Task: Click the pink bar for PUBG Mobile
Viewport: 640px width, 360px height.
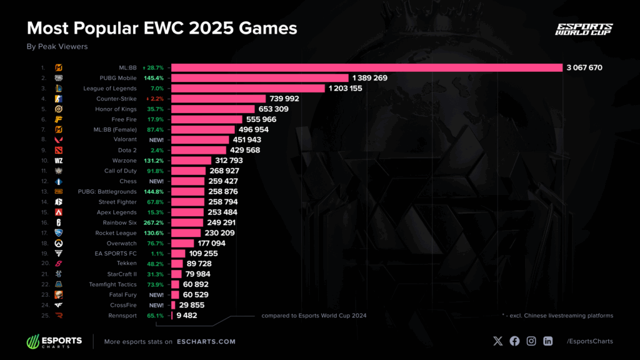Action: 259,78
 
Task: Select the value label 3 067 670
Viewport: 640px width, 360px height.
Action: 584,67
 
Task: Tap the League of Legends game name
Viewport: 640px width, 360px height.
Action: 109,88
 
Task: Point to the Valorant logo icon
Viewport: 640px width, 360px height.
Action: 58,140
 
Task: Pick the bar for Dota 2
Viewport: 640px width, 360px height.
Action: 198,150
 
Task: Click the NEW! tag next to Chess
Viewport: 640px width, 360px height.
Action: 156,181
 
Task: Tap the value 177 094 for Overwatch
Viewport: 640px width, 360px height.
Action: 217,243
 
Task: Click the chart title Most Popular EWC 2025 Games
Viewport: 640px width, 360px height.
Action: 161,28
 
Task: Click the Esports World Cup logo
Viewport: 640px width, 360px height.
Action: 584,29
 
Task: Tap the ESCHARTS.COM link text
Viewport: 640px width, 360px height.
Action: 206,341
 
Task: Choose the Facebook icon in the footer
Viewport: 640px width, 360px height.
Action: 514,341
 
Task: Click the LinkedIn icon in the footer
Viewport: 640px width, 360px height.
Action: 547,341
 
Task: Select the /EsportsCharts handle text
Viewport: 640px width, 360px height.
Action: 589,341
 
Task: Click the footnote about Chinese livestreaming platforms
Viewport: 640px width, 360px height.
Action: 557,316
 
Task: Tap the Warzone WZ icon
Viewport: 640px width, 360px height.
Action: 58,161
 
